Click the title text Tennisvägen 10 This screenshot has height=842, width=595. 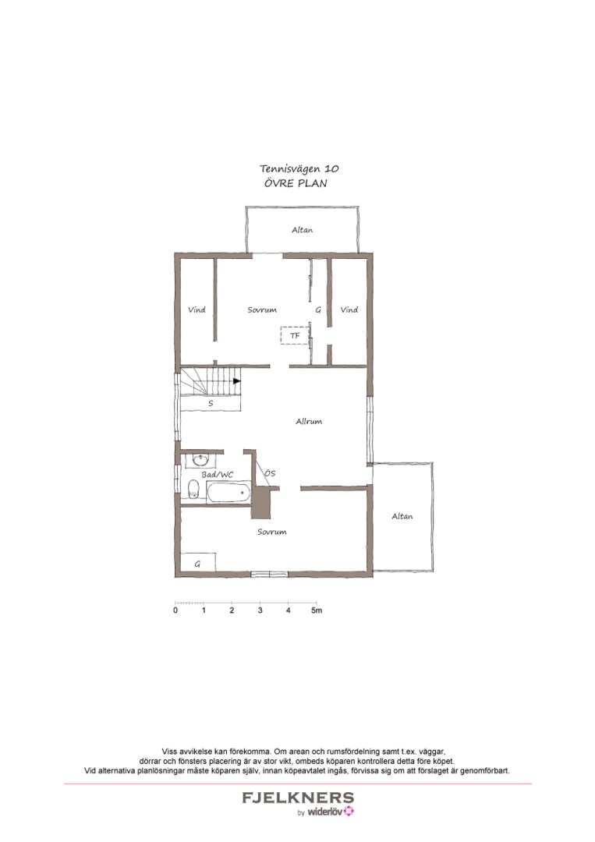point(299,168)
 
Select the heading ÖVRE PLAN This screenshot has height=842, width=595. point(296,183)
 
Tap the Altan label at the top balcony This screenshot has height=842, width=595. point(303,230)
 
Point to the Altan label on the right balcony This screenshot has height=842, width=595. point(402,516)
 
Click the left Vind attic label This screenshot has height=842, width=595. point(197,310)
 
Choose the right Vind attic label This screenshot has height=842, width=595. point(349,310)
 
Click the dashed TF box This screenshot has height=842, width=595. point(295,335)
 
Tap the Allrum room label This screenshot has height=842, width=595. point(309,422)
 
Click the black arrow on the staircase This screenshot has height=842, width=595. point(237,380)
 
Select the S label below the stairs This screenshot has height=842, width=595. point(211,403)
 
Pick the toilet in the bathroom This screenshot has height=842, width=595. point(193,489)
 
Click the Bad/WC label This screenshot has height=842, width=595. point(218,475)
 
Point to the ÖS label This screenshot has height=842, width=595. point(270,473)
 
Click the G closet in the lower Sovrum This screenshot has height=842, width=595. point(197,563)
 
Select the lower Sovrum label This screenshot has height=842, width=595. point(271,532)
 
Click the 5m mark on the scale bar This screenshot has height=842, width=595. point(317,610)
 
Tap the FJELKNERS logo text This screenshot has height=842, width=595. point(298,798)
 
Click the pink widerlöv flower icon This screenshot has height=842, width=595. point(349,811)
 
